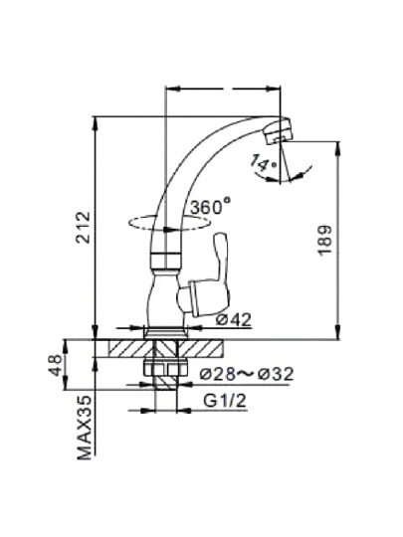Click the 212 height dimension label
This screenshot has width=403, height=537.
coord(84,228)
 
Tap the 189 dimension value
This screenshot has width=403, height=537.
coord(325,240)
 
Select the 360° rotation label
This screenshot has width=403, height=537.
coord(210,206)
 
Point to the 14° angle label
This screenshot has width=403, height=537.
coord(263,162)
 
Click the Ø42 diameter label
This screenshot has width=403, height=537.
coord(234,319)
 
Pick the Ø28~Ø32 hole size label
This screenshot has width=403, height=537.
coord(247,374)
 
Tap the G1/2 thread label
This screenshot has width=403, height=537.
coord(225,401)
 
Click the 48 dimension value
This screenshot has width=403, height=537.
coord(56,365)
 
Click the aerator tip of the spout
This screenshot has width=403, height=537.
coord(279,131)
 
